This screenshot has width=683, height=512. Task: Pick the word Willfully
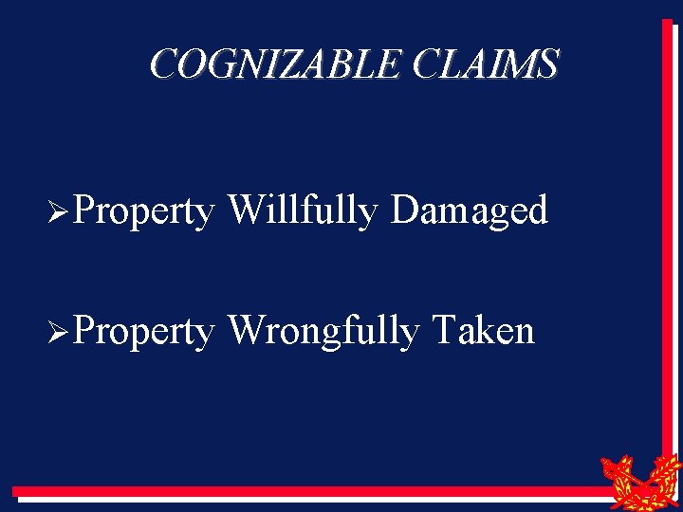pyautogui.click(x=304, y=210)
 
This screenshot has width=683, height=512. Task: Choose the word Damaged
pyautogui.click(x=470, y=211)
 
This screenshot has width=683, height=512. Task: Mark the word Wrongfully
pyautogui.click(x=323, y=332)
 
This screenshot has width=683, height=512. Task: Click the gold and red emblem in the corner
pyautogui.click(x=640, y=479)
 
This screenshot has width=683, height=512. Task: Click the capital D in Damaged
pyautogui.click(x=404, y=210)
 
